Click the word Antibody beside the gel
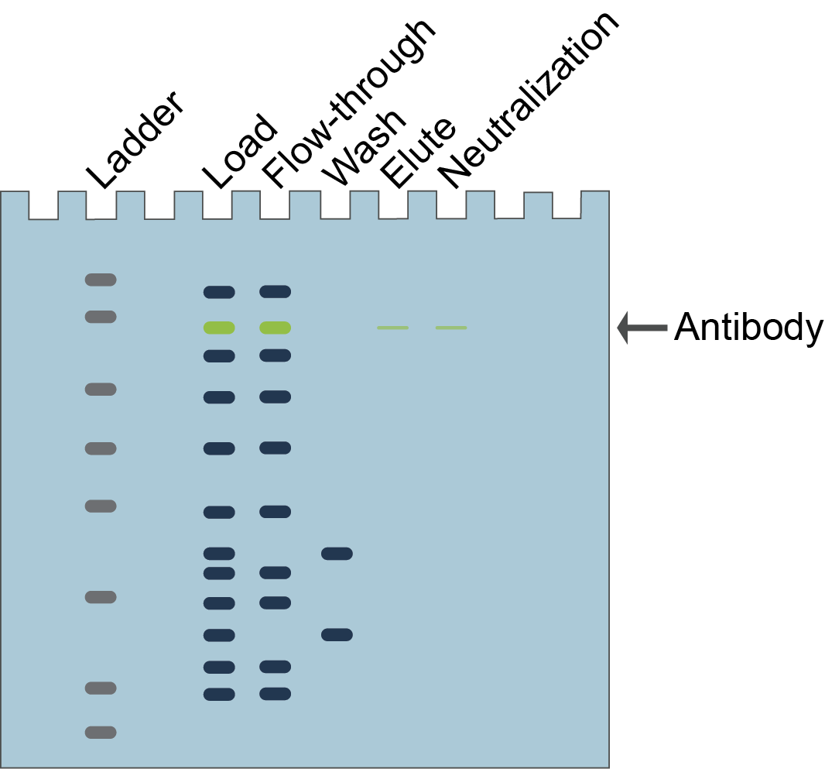click(748, 328)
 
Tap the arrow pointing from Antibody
click(642, 328)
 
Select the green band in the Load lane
click(219, 328)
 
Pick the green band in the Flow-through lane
click(275, 328)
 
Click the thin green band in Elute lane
click(392, 328)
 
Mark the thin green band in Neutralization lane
click(450, 328)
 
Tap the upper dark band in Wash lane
click(337, 554)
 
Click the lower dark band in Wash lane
click(337, 635)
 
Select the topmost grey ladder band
click(101, 280)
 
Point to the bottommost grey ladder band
click(101, 732)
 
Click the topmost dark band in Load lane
click(219, 292)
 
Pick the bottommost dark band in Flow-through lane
click(275, 693)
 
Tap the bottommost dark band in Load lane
click(219, 694)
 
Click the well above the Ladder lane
click(101, 205)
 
